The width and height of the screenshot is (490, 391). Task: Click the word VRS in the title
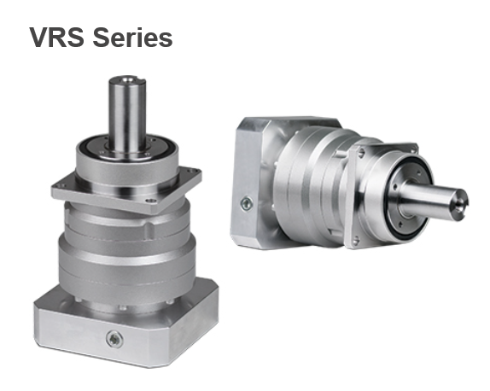(57, 38)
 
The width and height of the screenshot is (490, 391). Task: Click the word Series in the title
(132, 38)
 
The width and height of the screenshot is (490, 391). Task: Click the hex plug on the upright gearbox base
(114, 340)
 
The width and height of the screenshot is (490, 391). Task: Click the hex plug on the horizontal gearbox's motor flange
(247, 204)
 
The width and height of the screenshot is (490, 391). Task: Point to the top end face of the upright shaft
(127, 80)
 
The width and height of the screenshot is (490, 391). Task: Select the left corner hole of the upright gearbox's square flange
(60, 186)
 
